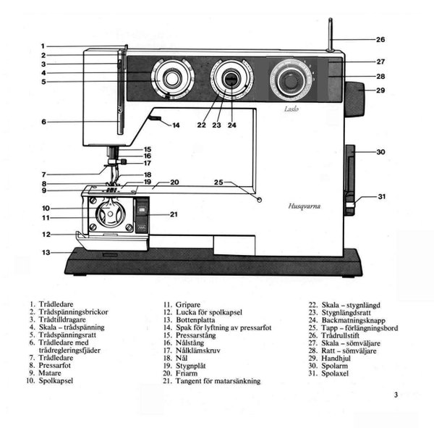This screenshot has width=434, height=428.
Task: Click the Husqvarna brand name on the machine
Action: click(x=302, y=206)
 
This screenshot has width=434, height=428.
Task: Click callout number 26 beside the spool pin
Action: click(x=380, y=39)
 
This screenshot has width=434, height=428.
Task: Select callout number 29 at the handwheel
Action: click(x=380, y=91)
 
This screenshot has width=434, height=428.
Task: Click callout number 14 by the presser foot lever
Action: click(x=176, y=125)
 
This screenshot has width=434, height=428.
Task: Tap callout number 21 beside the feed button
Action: click(x=174, y=214)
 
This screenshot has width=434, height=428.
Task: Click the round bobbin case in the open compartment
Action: click(x=111, y=215)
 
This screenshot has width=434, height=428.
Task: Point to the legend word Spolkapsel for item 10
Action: click(x=54, y=380)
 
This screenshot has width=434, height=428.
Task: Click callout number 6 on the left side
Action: click(x=43, y=122)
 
